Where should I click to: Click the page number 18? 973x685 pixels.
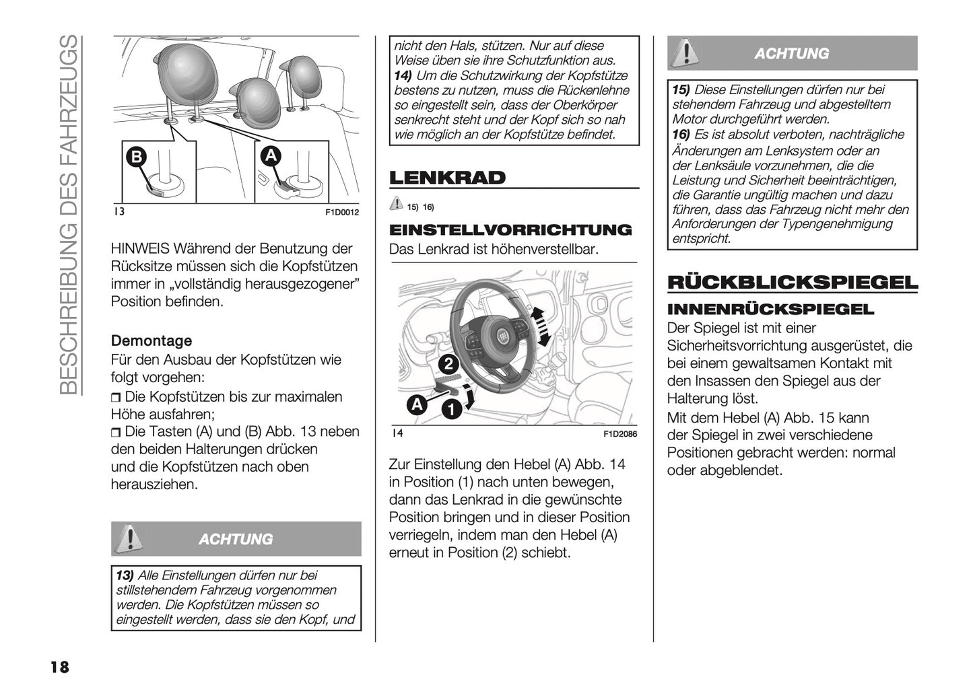(x=59, y=667)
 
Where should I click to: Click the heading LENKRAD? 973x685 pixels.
(x=447, y=178)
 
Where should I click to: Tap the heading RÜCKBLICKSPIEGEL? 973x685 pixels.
(x=792, y=283)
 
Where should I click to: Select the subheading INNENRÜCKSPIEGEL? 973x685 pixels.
(x=770, y=310)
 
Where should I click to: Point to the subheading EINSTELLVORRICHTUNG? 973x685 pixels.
(x=510, y=230)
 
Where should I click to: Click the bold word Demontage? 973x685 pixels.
(x=152, y=340)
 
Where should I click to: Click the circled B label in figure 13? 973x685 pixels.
(x=137, y=157)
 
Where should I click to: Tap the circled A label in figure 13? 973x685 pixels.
(x=271, y=155)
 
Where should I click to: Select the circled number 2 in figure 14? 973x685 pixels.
(x=448, y=365)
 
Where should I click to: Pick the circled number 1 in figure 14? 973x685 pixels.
(x=451, y=408)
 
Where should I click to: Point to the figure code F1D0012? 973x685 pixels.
(x=342, y=213)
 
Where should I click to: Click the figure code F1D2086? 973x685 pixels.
(x=619, y=434)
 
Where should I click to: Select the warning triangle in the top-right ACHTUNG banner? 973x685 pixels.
(x=685, y=53)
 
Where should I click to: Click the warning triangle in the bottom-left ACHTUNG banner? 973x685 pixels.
(x=129, y=538)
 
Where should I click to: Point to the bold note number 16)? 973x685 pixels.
(x=681, y=135)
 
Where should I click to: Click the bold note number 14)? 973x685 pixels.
(x=403, y=75)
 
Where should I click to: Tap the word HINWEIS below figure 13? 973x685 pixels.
(x=142, y=248)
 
